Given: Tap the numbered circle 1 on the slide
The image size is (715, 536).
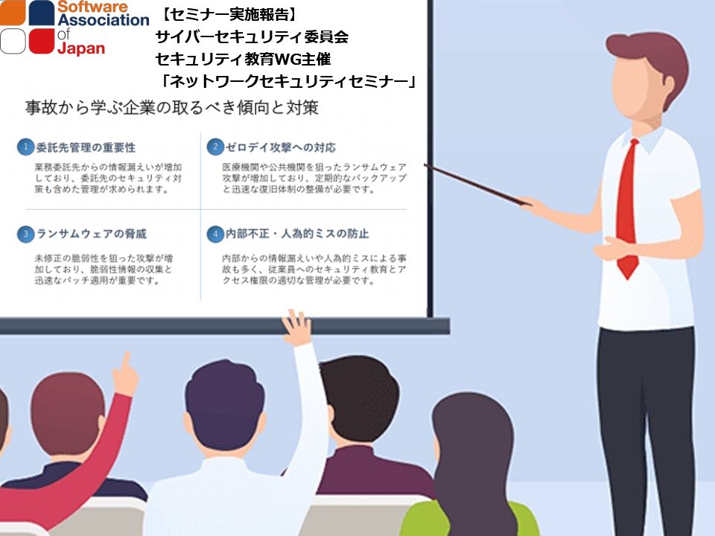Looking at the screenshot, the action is (x=25, y=147).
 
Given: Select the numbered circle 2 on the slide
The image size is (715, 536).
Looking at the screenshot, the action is (x=215, y=147).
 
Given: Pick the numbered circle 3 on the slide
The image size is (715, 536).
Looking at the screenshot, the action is (x=25, y=234).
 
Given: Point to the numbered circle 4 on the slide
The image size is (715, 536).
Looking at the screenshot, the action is (x=215, y=234).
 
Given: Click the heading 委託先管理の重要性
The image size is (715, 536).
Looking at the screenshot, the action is (x=86, y=147).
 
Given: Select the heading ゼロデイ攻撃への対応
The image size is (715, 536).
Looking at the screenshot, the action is (x=281, y=147).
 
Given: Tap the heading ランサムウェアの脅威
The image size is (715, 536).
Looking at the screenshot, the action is (x=91, y=234).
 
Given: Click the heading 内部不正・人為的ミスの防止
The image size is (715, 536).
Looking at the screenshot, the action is (x=297, y=234).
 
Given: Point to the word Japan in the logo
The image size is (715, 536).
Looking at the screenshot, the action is (x=81, y=48).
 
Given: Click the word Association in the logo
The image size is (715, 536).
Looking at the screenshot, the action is (x=104, y=20).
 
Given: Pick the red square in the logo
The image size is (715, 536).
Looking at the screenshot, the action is (x=42, y=41).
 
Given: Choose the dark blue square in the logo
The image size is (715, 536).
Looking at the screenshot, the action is (x=42, y=13).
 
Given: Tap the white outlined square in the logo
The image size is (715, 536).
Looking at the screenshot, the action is (x=13, y=41).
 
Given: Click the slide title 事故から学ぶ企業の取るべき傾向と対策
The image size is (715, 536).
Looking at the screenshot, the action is (x=172, y=107).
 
